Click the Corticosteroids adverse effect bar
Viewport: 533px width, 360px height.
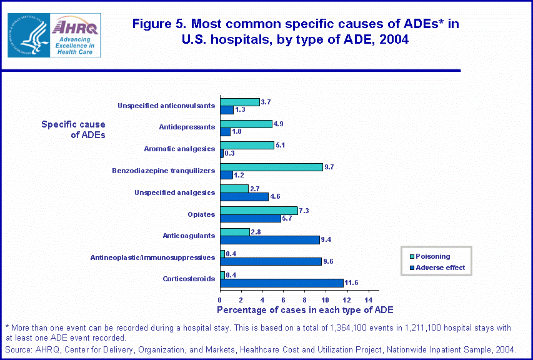282,283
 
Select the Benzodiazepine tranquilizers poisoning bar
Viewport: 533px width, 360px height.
271,167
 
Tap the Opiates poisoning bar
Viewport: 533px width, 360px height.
259,210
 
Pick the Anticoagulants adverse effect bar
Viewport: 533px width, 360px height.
270,239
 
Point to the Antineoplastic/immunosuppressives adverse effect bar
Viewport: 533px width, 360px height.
271,261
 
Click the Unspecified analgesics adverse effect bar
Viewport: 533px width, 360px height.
244,196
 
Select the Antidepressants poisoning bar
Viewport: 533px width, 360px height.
246,124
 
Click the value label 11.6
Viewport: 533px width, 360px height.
352,283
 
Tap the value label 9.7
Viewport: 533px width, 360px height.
331,167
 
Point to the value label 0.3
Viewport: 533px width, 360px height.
230,153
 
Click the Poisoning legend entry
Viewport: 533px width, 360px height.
432,256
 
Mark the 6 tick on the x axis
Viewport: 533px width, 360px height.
284,298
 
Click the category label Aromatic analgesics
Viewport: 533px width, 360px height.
179,149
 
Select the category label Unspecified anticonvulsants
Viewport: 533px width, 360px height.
166,106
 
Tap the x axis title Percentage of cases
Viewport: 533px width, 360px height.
305,310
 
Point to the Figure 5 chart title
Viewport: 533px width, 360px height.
296,31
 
